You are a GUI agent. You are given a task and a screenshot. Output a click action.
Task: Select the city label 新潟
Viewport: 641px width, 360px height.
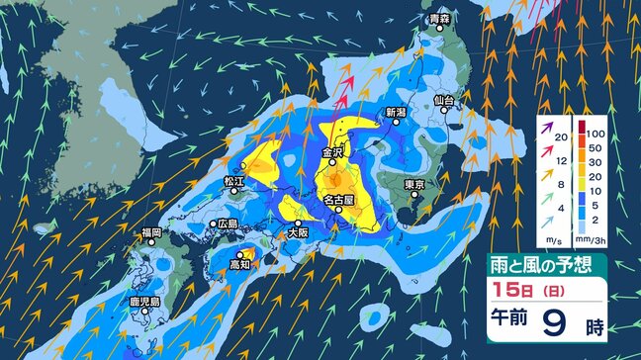(396, 112)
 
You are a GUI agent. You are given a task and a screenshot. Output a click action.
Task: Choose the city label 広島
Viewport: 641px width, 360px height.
(228, 225)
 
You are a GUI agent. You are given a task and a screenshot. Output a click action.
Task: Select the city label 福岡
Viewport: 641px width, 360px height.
(151, 232)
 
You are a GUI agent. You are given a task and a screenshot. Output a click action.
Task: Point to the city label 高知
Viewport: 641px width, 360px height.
(240, 266)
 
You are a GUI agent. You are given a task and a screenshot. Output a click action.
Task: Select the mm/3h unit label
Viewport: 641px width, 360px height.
(594, 240)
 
